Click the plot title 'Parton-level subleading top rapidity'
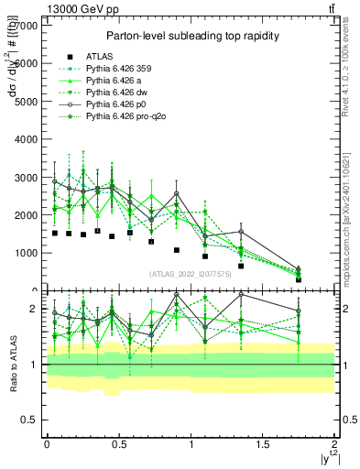click(x=191, y=36)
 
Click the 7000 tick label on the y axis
click(x=26, y=26)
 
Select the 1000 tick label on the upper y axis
click(x=26, y=252)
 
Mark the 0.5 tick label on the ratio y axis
click(x=29, y=420)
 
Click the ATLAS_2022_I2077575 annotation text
click(x=191, y=274)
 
